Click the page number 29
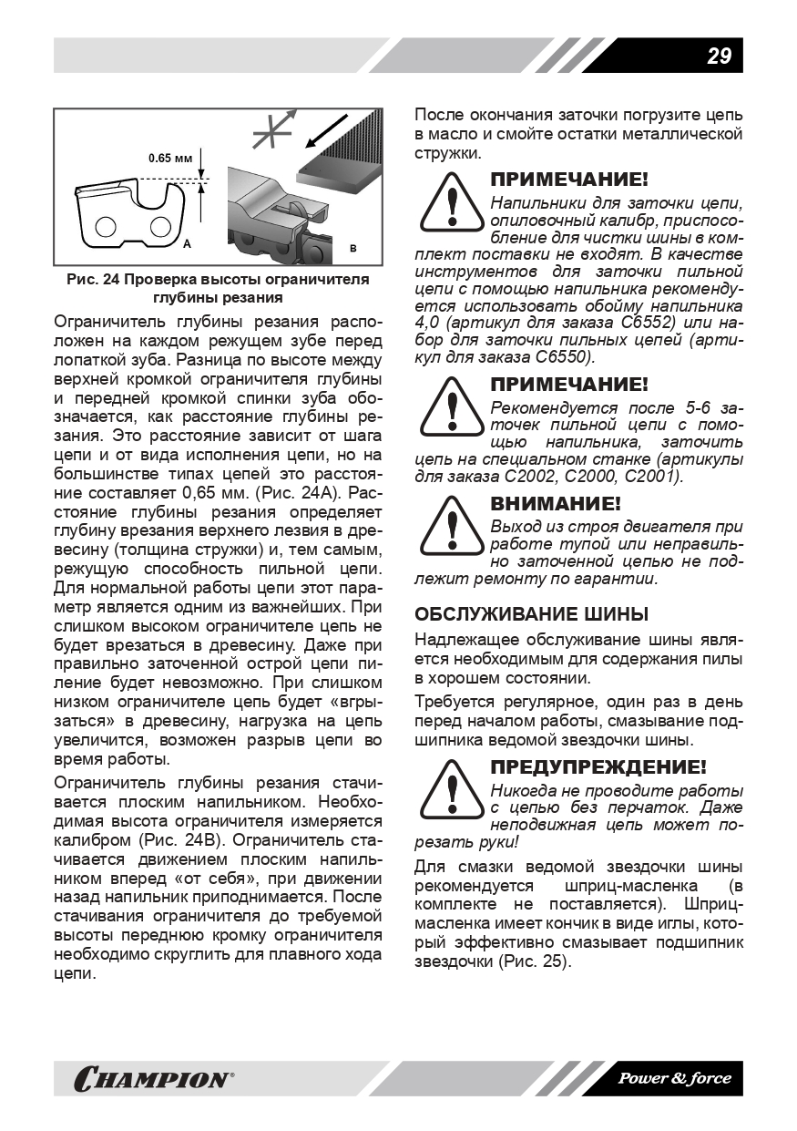[x=718, y=56]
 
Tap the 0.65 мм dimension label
[x=170, y=159]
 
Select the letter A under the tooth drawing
[x=186, y=244]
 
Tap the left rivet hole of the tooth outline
[x=106, y=226]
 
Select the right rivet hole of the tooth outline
[x=159, y=226]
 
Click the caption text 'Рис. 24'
[x=94, y=279]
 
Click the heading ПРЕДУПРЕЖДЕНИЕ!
[x=598, y=767]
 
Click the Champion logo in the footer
[x=153, y=1080]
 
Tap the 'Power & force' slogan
[x=674, y=1079]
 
